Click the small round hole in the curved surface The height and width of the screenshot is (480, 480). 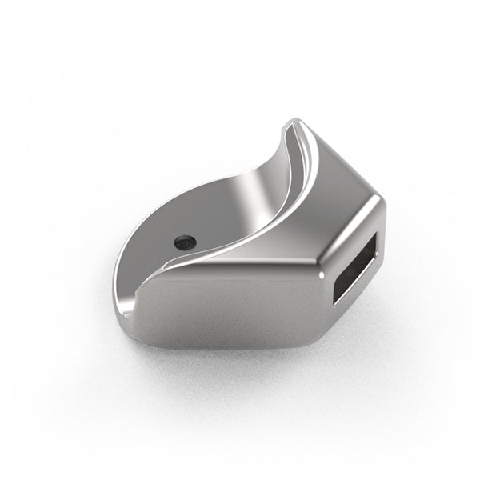(x=185, y=239)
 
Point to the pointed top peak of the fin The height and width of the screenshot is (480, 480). (x=294, y=122)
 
